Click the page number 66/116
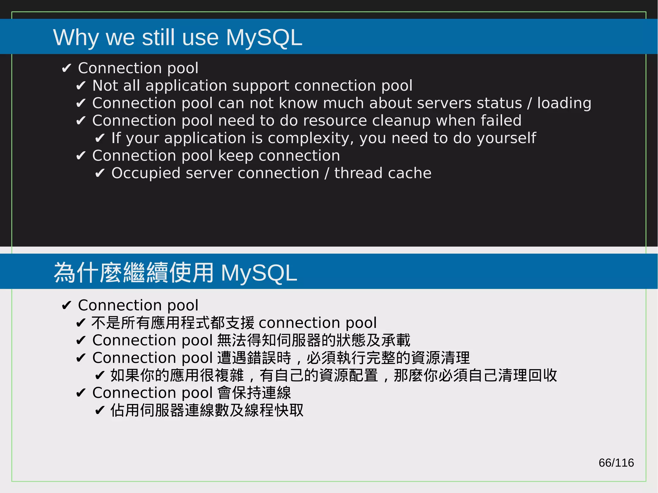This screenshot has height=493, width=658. pos(616,462)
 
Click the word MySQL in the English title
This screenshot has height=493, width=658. pos(264,38)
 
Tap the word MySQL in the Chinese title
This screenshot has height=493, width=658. pos(259,273)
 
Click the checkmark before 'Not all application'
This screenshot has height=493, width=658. pos(81,86)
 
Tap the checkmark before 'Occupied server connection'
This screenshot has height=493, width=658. pos(100,173)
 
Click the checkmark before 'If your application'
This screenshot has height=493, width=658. pos(100,138)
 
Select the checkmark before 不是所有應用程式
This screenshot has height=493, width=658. pos(81,323)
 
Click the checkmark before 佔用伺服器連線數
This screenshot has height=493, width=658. pos(100,410)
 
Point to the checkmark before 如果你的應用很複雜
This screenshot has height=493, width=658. pos(100,375)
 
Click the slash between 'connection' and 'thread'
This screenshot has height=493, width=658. pos(327,173)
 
